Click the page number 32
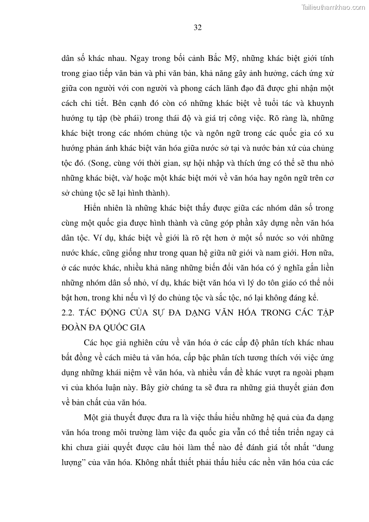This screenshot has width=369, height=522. tap(197, 27)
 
